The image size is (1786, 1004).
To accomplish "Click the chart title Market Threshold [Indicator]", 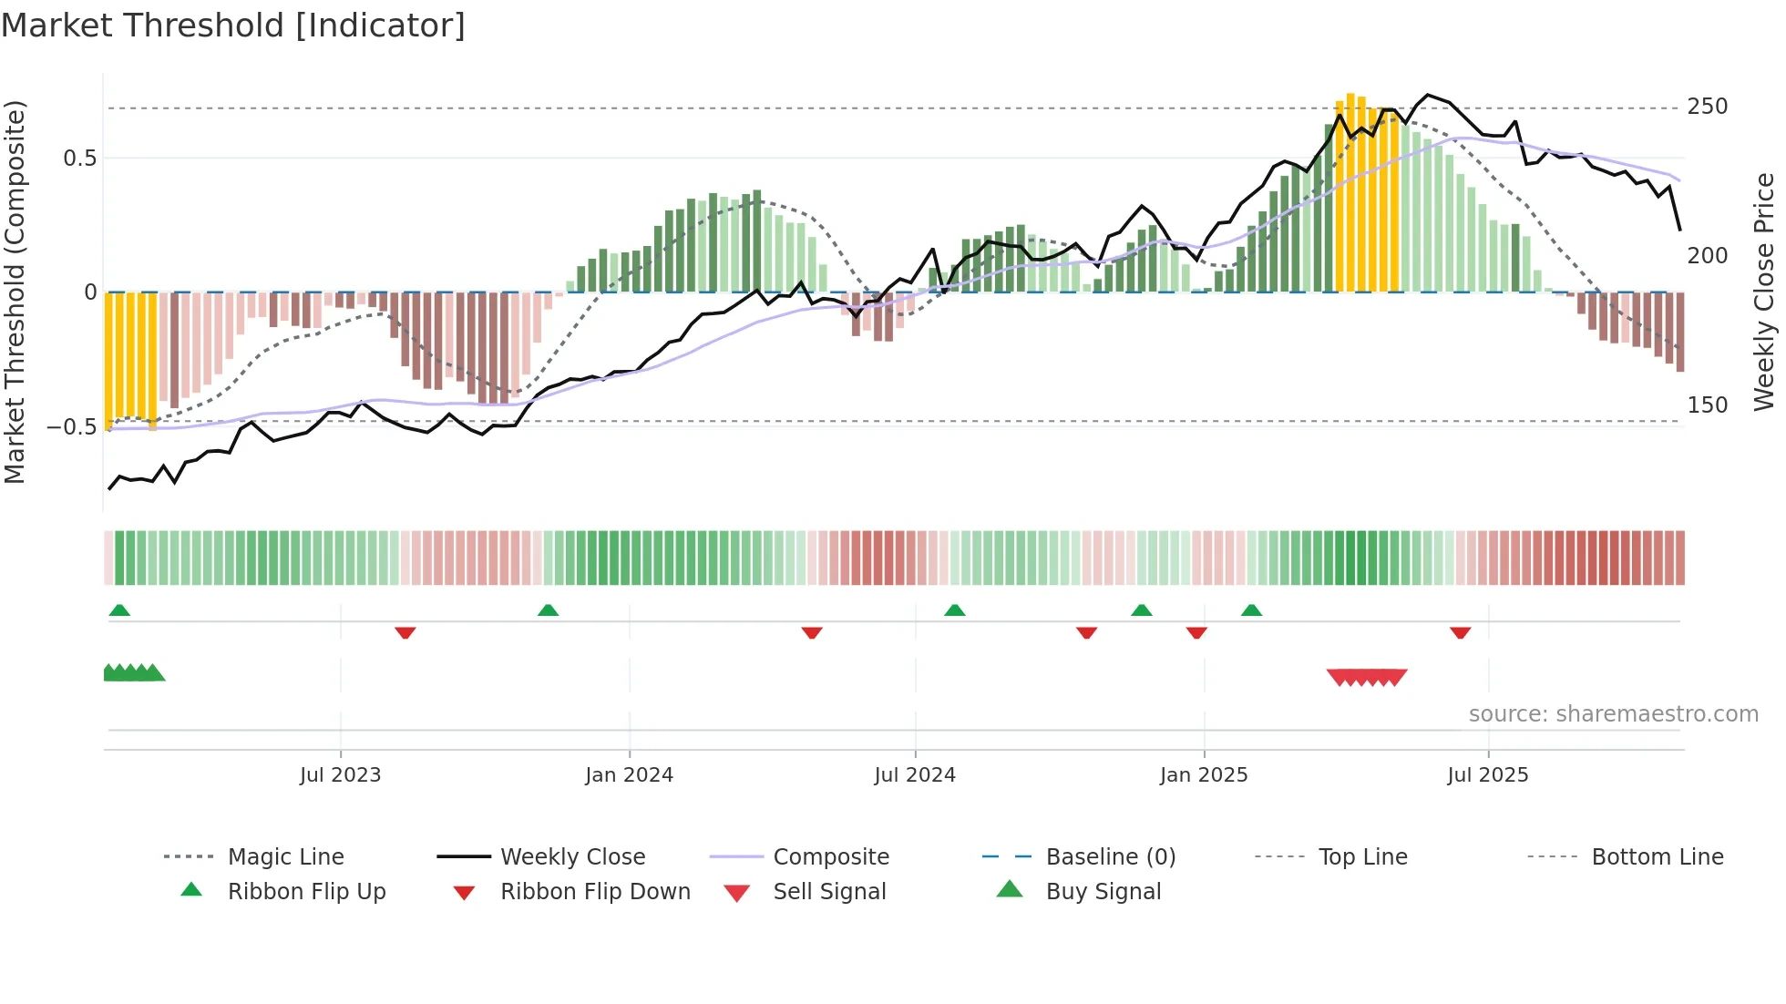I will tap(233, 26).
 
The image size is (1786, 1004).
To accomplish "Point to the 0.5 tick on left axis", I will tap(79, 159).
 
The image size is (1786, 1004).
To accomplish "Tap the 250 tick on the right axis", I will tap(1707, 107).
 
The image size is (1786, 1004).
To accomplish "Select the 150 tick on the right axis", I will tap(1707, 405).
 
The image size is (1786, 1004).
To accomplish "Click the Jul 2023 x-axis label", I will tap(340, 775).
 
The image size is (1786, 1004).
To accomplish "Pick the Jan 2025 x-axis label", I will tap(1203, 775).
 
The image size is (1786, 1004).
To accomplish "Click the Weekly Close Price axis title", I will tap(1764, 292).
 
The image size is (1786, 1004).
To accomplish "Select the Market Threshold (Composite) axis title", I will tap(15, 292).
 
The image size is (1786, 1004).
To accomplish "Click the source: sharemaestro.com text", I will tap(1613, 714).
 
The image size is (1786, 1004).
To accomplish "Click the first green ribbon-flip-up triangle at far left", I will tap(119, 610).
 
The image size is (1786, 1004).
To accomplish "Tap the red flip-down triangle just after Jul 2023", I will tap(405, 632).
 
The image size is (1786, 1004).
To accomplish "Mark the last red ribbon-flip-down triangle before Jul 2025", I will tap(1460, 632).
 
